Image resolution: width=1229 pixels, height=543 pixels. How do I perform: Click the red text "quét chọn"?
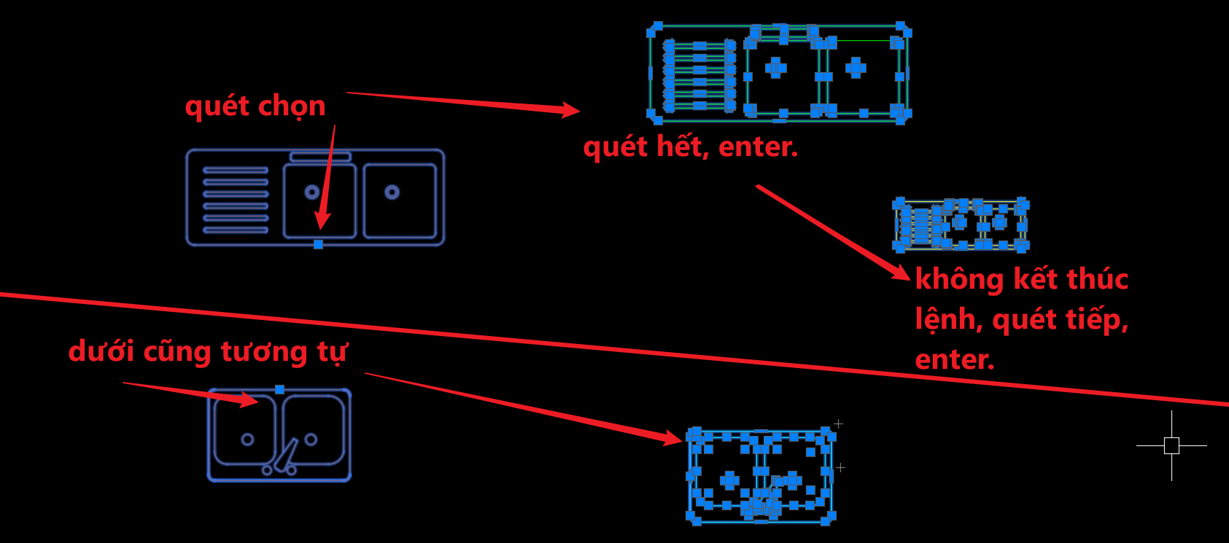[255, 106]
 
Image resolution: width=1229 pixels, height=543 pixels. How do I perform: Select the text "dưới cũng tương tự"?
[208, 351]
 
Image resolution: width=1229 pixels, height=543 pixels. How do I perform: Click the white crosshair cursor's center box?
[1171, 445]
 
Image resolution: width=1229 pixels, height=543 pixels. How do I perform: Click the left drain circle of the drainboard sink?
[311, 192]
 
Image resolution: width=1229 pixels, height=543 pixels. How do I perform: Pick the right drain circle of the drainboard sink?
[392, 192]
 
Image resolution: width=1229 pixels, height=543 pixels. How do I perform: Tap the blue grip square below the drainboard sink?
[318, 244]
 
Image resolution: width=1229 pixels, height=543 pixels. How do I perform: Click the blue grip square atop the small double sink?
[279, 389]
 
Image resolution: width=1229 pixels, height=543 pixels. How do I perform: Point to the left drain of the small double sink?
[247, 440]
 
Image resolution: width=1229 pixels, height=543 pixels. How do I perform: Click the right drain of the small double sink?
[311, 440]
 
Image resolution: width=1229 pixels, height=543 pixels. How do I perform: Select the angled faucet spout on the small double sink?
[287, 455]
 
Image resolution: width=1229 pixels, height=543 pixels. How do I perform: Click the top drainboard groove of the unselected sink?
[236, 170]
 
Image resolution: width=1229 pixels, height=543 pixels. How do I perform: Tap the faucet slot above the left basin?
[320, 157]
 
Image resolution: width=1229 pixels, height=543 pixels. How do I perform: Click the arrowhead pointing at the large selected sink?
[570, 110]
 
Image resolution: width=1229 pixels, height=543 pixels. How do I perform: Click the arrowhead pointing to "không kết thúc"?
[900, 272]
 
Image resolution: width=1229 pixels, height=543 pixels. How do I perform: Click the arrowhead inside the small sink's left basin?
[249, 400]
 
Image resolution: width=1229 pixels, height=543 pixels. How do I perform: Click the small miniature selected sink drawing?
[961, 224]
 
